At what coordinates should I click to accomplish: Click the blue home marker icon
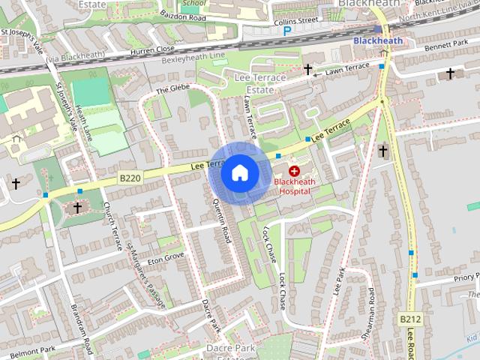[239, 173]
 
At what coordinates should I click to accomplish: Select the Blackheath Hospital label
[295, 186]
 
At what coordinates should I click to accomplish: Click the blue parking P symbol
[265, 32]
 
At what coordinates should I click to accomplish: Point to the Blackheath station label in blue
[377, 40]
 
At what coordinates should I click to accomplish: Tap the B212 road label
[409, 319]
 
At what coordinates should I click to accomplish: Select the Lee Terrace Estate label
[260, 83]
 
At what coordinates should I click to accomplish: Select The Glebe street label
[169, 91]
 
